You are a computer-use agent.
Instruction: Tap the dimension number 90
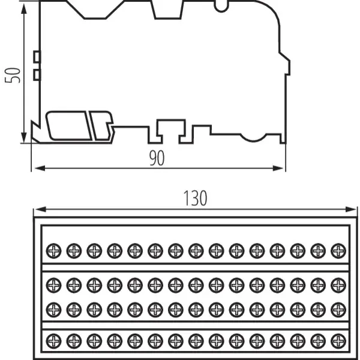pos(157,158)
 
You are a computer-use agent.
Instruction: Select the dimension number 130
pos(195,198)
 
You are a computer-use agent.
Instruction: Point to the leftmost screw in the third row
pos(53,308)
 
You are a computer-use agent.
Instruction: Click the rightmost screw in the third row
pos(338,308)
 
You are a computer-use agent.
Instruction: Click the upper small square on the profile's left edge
pos(37,57)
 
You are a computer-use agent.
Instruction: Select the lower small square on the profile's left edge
pos(37,74)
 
